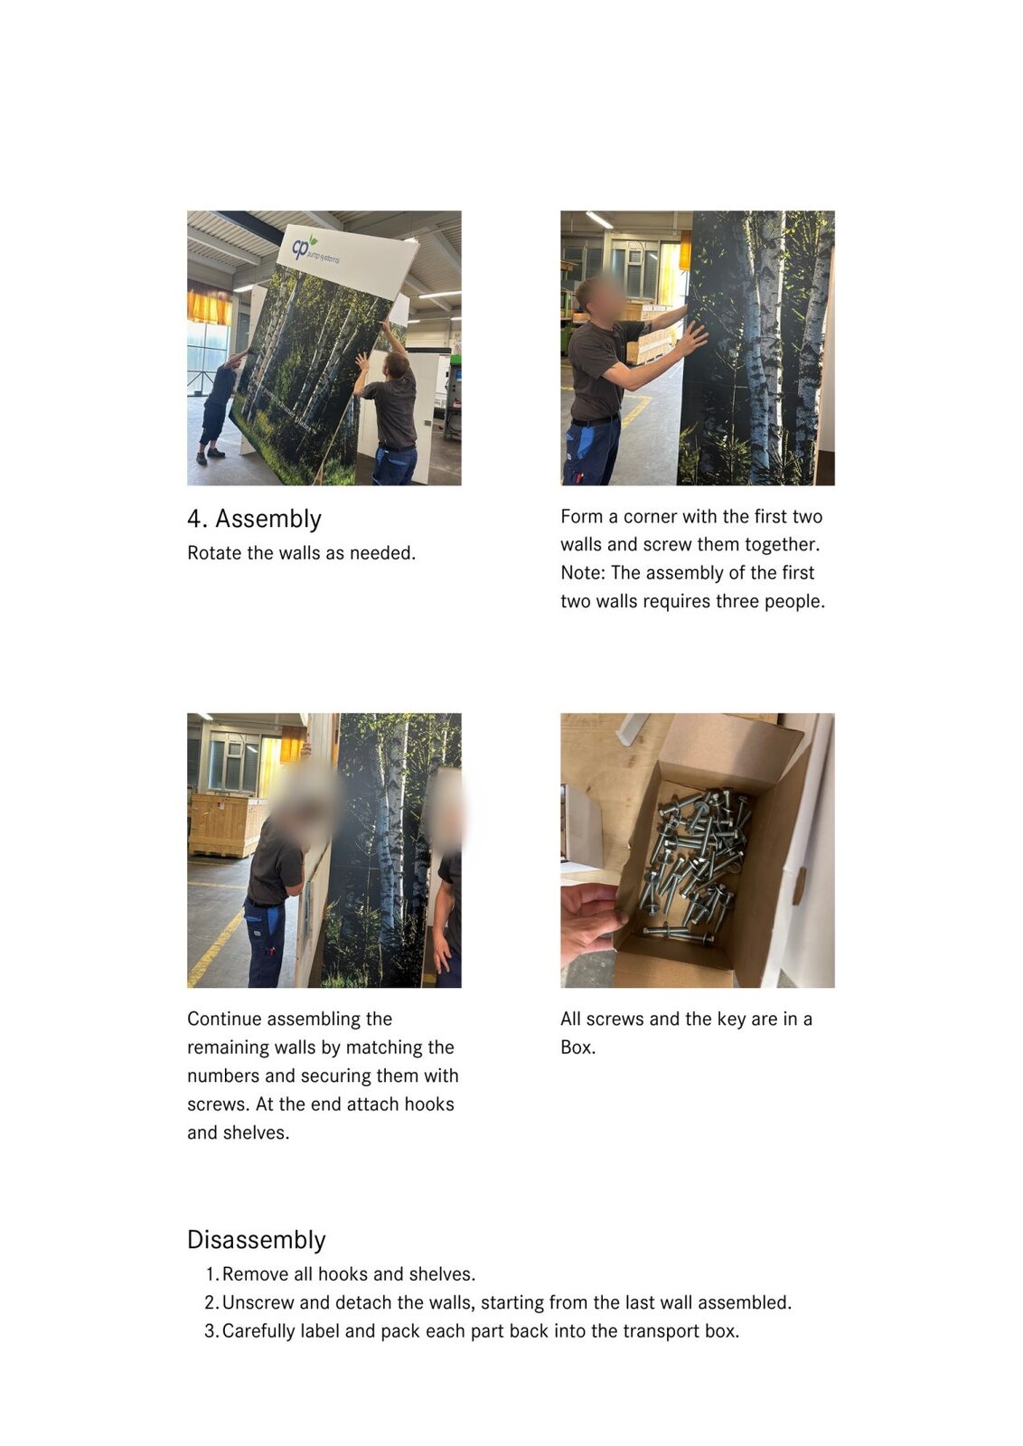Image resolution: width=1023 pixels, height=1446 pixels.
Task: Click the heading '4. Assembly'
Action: (x=254, y=519)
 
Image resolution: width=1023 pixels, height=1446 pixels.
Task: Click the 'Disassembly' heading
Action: (x=257, y=1240)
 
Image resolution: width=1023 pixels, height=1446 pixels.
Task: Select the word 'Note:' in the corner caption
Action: (x=583, y=573)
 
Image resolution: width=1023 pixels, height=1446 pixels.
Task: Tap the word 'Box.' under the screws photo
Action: (x=577, y=1047)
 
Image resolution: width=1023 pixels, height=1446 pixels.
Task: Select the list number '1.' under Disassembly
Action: (x=211, y=1274)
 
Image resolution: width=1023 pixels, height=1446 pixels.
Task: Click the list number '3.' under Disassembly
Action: (x=211, y=1331)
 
